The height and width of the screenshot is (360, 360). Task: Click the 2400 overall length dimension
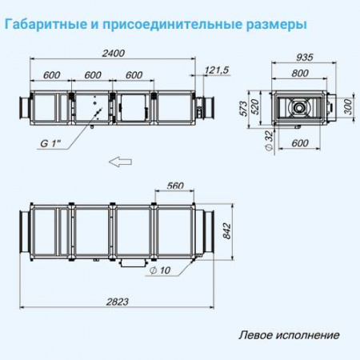pos(117,53)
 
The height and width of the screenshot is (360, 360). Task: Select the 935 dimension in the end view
pos(302,58)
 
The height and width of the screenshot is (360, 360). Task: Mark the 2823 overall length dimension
pos(117,301)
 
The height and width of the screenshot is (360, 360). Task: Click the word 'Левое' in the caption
pos(256,335)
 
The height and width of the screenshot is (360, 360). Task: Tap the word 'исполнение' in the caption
pos(306,335)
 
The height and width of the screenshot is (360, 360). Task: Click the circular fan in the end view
pos(302,106)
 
